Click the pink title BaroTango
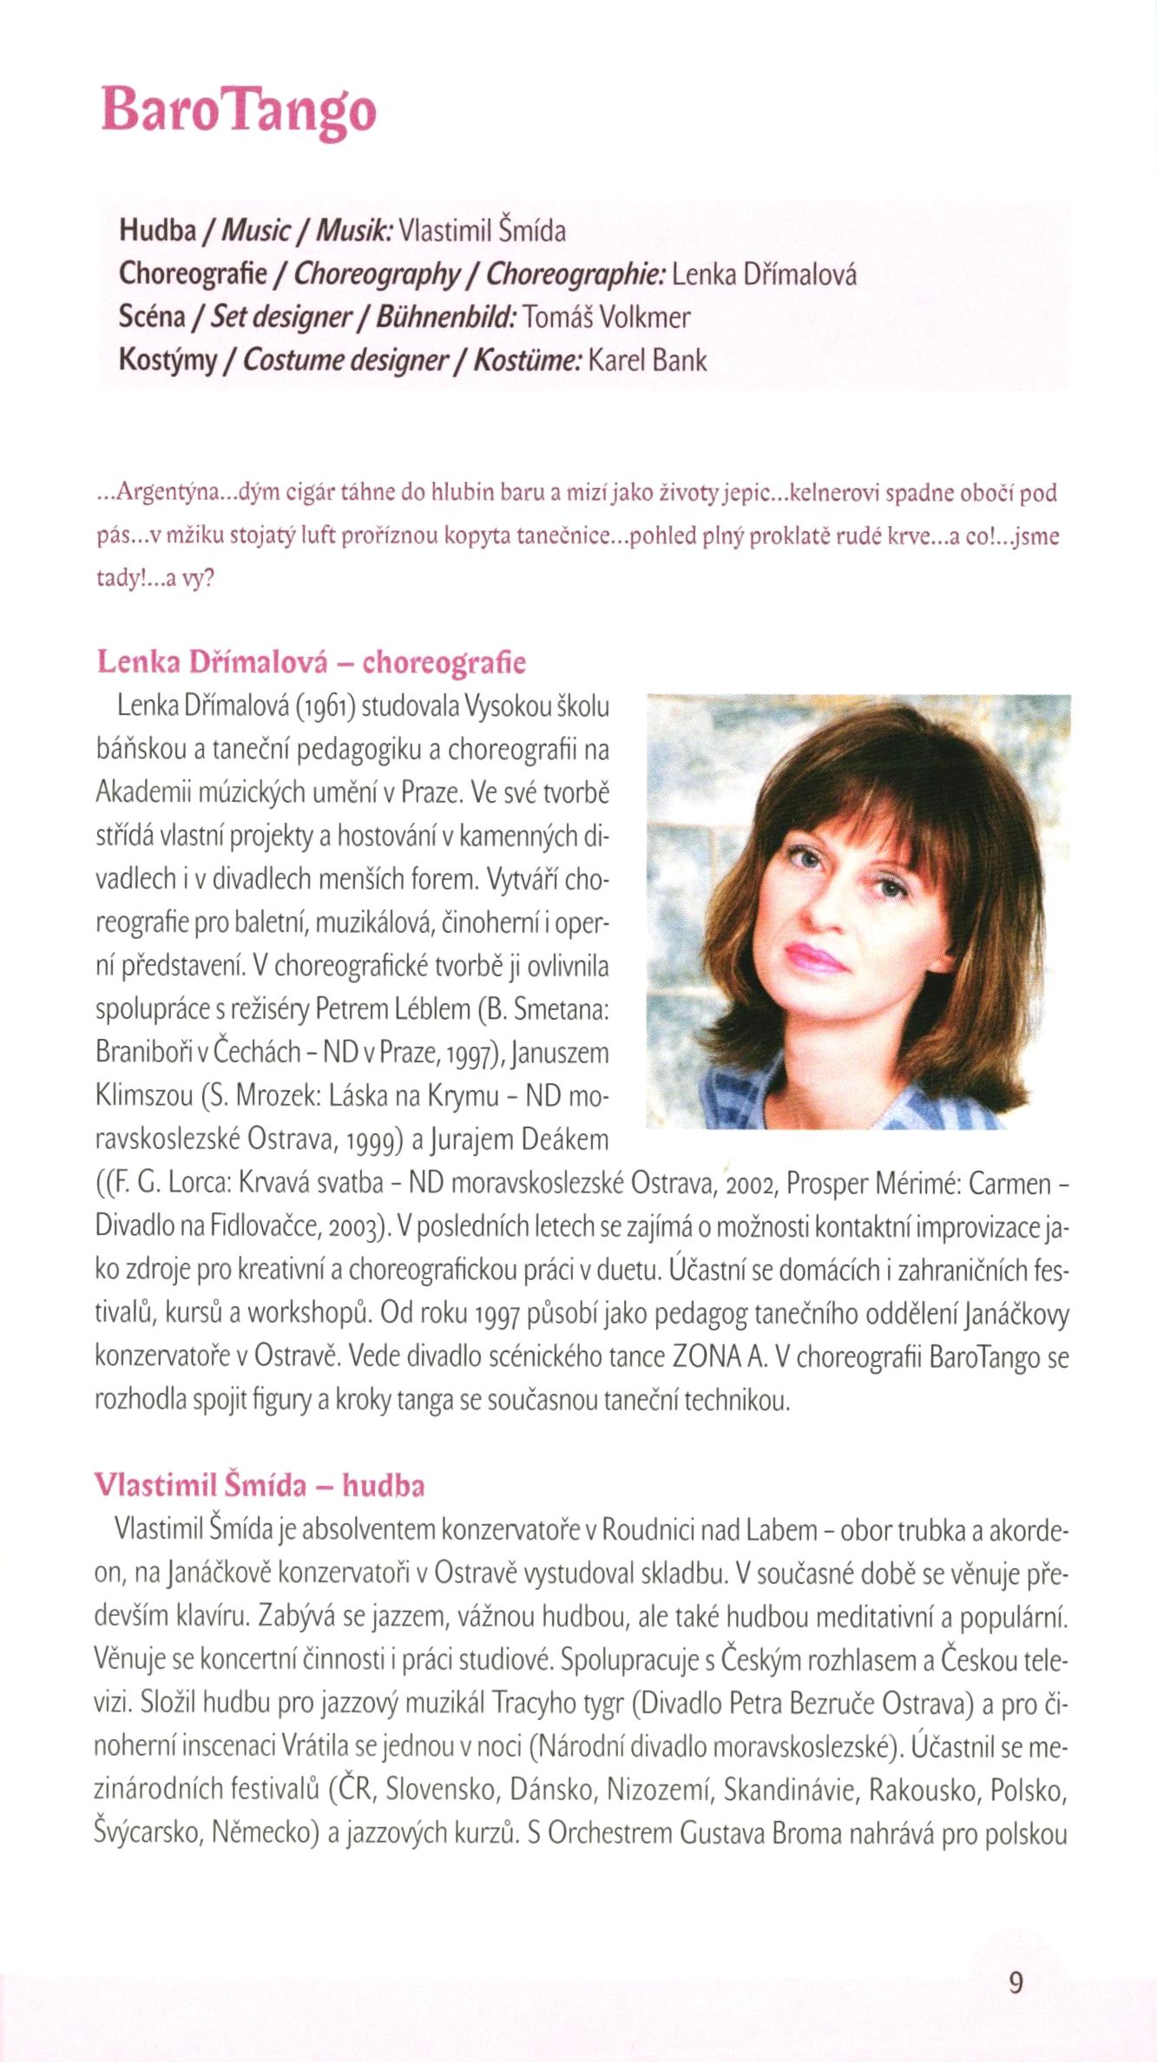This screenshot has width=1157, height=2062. [239, 110]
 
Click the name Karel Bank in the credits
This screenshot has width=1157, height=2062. [647, 359]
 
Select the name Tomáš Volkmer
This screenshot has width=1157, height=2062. [608, 317]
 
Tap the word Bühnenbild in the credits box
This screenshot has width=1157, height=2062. [465, 317]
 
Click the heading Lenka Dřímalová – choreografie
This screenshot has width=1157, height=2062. [312, 662]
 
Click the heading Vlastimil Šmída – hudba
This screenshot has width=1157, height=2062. [260, 1485]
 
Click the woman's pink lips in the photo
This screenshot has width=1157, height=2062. [813, 957]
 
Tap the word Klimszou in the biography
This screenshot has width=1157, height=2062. [144, 1096]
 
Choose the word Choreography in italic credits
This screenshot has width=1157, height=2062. [377, 274]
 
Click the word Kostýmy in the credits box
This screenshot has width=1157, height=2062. [168, 359]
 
